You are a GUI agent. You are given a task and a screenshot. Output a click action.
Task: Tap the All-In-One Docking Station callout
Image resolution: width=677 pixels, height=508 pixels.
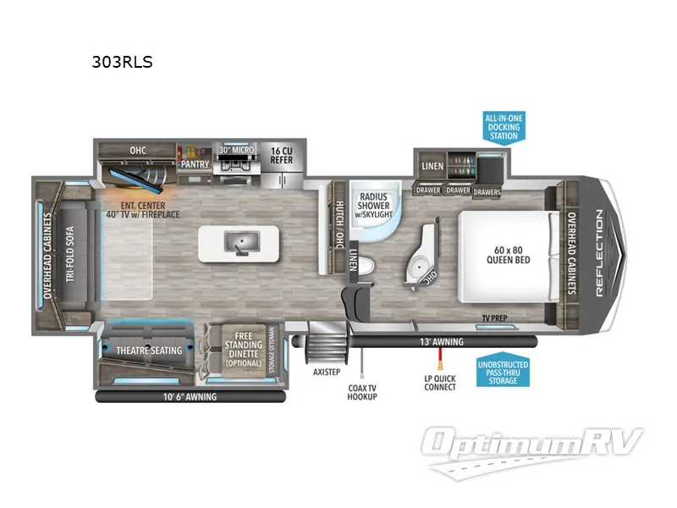pos(503,126)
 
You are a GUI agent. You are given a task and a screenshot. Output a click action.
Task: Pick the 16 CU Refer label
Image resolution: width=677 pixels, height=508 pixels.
pos(281,154)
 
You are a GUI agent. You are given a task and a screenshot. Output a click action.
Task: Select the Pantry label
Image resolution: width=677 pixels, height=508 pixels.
pos(194,156)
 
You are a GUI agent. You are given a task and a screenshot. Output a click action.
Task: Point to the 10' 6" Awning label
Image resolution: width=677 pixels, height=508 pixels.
pos(190,396)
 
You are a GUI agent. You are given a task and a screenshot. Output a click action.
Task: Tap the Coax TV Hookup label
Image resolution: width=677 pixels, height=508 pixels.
pos(362,391)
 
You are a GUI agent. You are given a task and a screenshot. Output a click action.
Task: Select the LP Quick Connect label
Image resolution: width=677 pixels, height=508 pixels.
pos(440,382)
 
